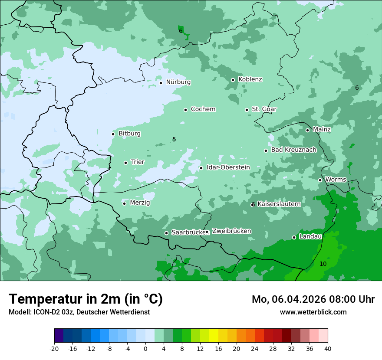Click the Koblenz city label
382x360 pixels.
(x=250, y=79)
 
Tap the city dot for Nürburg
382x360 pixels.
(x=161, y=82)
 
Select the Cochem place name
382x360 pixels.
(x=203, y=109)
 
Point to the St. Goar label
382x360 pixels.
(x=264, y=109)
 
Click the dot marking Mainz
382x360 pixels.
(x=307, y=130)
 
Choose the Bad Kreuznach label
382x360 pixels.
(x=293, y=150)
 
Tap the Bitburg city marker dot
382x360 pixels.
(x=113, y=134)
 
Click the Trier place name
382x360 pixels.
(x=138, y=162)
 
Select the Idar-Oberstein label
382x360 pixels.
(x=228, y=167)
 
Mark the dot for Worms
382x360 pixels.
(x=320, y=180)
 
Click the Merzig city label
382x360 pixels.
(x=140, y=203)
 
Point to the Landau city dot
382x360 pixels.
(x=294, y=237)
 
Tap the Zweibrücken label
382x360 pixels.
(x=231, y=231)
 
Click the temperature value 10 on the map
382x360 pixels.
(x=323, y=264)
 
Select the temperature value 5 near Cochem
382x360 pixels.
(x=174, y=139)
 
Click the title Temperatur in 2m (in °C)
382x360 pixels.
(x=86, y=299)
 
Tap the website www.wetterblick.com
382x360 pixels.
(x=313, y=312)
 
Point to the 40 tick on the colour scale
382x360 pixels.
(x=328, y=349)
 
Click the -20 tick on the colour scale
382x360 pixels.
(x=54, y=349)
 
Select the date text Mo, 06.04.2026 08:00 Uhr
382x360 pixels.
(x=313, y=299)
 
